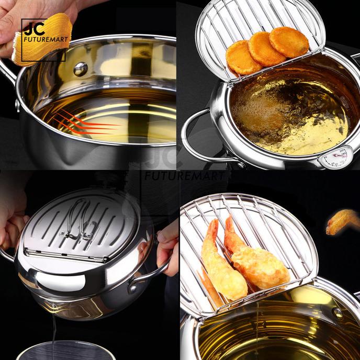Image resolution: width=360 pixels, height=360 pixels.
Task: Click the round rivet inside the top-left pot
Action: click(80, 69)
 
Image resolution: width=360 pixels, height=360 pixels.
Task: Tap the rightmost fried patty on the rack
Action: click(289, 42)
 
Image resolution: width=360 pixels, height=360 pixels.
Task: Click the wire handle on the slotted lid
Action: click(78, 220)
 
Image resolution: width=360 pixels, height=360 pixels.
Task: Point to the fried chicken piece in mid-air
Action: click(343, 221)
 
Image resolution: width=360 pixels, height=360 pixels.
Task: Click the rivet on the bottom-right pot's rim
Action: click(337, 313)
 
